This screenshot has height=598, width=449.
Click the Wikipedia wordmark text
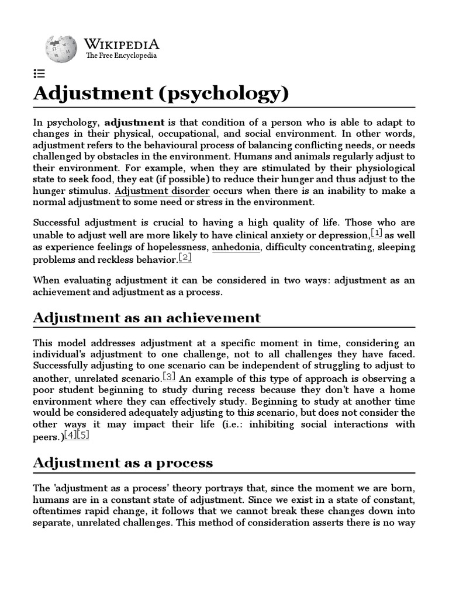click(122, 44)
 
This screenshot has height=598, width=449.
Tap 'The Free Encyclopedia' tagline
click(121, 56)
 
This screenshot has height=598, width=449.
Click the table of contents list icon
click(39, 74)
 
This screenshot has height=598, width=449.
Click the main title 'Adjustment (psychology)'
click(161, 93)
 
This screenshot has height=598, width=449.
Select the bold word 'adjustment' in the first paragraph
click(134, 123)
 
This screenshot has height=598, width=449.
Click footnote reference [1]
click(377, 234)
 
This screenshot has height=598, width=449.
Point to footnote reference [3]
click(169, 376)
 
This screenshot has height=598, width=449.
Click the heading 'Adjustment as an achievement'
click(147, 318)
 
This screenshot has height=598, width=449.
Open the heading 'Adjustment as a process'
click(123, 463)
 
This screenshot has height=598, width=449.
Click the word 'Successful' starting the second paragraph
click(58, 222)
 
